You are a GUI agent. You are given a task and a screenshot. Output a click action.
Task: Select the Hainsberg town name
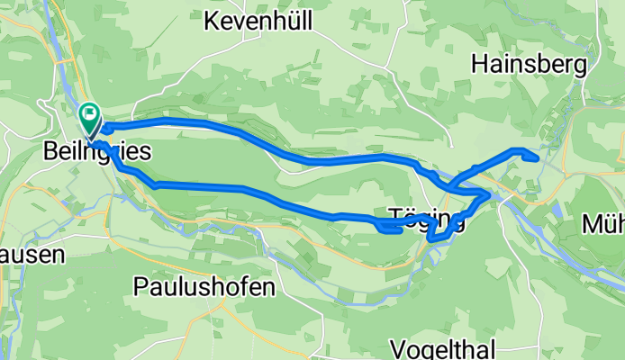[529, 64]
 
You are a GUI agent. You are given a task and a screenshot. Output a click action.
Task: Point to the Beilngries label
[96, 152]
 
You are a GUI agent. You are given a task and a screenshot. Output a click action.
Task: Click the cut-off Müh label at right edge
[603, 223]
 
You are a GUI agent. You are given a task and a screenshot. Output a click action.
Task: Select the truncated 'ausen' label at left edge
[32, 255]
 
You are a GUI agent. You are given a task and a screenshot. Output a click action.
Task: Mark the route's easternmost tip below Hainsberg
[537, 158]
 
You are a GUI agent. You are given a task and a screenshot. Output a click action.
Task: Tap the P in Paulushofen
[140, 287]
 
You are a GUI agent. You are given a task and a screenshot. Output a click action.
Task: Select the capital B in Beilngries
[50, 152]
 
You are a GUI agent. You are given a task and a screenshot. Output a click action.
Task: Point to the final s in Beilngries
[144, 152]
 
